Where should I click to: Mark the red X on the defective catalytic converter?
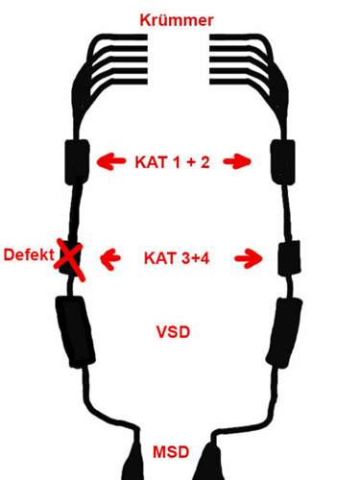coord(69,258)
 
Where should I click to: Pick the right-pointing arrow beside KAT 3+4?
coord(249,257)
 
